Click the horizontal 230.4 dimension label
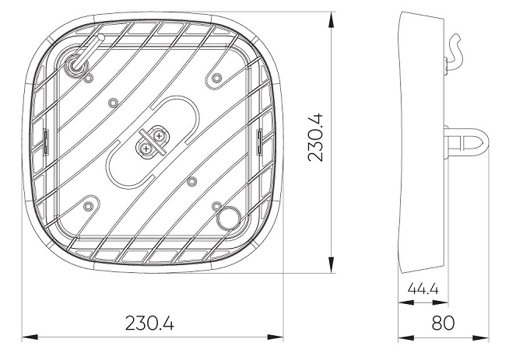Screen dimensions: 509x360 click(x=149, y=323)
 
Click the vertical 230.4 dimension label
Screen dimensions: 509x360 click(x=315, y=137)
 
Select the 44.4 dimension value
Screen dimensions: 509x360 click(x=423, y=288)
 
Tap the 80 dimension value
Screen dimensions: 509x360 click(x=443, y=323)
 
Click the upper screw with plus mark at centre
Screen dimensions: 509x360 click(x=159, y=136)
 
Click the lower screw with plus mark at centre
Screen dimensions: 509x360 click(x=146, y=149)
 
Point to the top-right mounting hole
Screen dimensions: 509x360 click(x=216, y=79)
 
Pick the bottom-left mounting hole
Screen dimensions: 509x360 click(x=88, y=206)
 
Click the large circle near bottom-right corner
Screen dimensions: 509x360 click(x=229, y=217)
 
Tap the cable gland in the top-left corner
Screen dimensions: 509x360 click(x=76, y=68)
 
